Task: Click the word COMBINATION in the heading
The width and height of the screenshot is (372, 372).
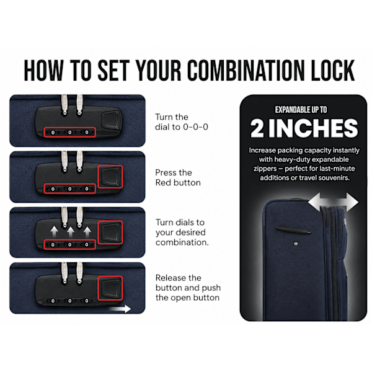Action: [x=246, y=70]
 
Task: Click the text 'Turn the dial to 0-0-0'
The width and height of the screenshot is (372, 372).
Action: [x=182, y=122]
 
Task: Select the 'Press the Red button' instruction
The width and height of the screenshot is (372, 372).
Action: [x=178, y=177]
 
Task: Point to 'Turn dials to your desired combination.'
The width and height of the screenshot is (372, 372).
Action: [x=182, y=232]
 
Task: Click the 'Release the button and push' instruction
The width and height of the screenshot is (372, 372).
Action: [x=188, y=283]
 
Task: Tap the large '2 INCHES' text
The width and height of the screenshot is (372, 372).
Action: [x=304, y=128]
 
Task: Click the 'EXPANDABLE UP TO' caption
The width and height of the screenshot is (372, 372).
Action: [x=301, y=110]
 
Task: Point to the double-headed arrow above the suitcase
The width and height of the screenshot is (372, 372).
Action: [x=333, y=202]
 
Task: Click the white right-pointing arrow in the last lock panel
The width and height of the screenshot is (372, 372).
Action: [x=120, y=309]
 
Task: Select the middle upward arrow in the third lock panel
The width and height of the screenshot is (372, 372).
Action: [x=71, y=232]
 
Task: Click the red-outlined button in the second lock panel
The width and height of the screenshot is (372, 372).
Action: [x=110, y=177]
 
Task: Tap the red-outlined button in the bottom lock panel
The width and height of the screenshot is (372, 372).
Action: [x=110, y=288]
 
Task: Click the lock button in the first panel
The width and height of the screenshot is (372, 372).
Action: [x=111, y=120]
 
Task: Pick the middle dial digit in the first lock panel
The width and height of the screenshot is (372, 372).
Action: [x=69, y=133]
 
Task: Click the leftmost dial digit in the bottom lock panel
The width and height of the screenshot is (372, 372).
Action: [x=53, y=301]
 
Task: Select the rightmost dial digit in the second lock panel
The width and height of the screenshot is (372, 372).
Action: [x=87, y=189]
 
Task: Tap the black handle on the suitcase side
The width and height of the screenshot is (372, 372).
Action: [x=294, y=231]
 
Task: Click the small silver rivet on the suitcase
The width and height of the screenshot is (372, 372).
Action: [x=296, y=244]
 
